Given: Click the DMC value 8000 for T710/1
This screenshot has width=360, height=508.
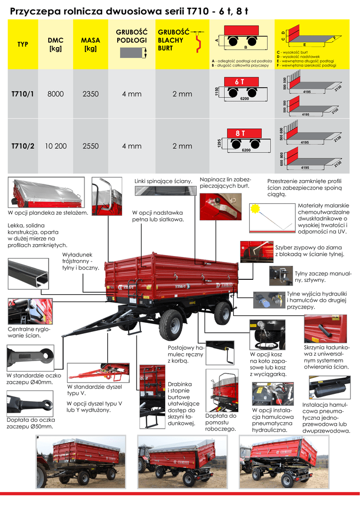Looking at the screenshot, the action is [56, 94].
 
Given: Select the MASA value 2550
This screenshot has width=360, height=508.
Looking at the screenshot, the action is [90, 146].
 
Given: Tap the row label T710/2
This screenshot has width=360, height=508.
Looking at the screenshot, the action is [23, 146].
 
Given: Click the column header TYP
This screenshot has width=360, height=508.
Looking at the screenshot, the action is [23, 44].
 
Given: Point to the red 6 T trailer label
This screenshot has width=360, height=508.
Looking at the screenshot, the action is [239, 81].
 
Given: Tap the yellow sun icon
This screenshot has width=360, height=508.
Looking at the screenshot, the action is [256, 208].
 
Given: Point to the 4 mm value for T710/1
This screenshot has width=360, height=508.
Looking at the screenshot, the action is [132, 94].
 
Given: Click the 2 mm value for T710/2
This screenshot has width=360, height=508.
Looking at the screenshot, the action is [182, 146].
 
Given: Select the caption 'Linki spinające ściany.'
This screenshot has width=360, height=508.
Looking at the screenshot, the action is [163, 181].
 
